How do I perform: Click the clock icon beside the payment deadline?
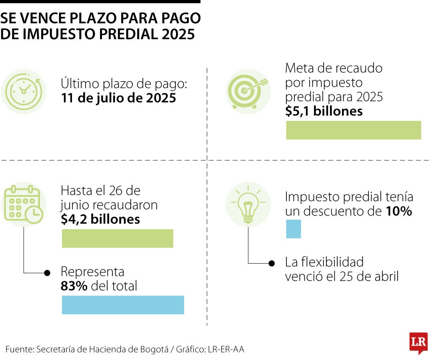tap(24, 91)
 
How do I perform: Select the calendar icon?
tap(24, 204)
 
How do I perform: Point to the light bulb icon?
tap(248, 204)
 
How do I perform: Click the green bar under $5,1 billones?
tap(354, 130)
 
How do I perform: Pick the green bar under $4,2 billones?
tap(117, 238)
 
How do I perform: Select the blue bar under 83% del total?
tap(123, 305)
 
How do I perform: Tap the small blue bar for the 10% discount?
tap(293, 229)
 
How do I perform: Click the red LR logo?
tap(418, 343)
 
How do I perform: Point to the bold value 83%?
tap(74, 286)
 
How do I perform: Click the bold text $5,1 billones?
tap(324, 111)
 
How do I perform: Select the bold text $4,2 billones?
tap(100, 220)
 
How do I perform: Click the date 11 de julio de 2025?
tap(118, 98)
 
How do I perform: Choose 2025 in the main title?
tap(179, 34)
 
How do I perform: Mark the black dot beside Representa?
tap(47, 273)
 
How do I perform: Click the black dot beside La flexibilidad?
tap(272, 263)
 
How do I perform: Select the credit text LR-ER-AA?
tap(226, 349)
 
